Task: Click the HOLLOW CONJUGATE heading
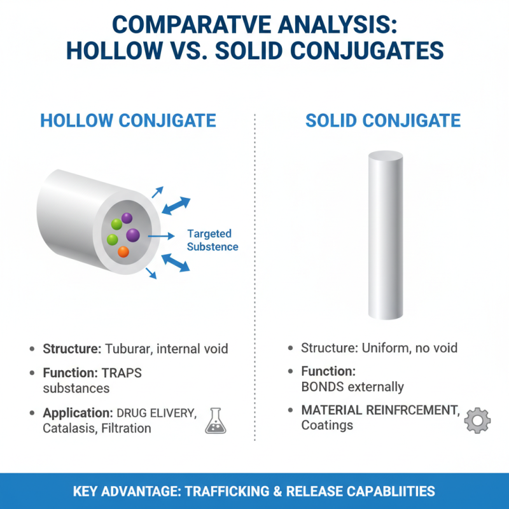coord(128,121)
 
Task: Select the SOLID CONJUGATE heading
coord(383,121)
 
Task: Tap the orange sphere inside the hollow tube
coord(123,252)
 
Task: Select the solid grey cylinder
coord(385,235)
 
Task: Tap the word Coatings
coord(327,424)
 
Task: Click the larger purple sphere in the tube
coord(133,235)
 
